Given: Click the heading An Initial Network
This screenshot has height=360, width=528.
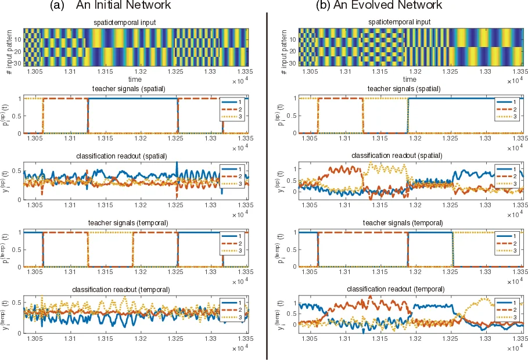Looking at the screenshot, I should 123,6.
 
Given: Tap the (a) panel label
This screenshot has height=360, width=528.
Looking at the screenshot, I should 58,6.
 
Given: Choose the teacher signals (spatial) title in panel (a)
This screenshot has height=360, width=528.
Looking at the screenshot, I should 136,89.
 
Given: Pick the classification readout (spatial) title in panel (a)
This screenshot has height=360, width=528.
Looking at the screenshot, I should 136,156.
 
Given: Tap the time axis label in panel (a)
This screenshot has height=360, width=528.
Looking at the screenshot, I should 136,79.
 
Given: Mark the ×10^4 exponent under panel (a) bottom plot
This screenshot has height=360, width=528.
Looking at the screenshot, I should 239,347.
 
